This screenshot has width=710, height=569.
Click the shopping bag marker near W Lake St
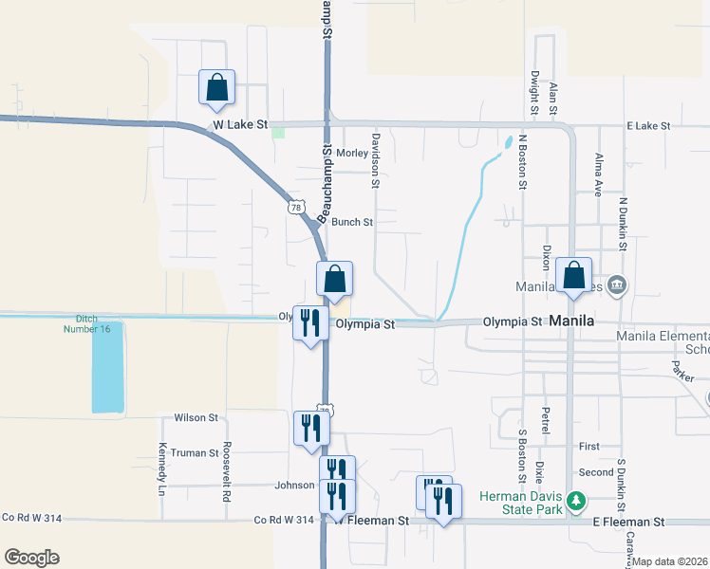[x=217, y=87]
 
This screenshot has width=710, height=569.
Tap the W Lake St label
[x=241, y=124]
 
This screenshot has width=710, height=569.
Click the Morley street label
[x=351, y=153]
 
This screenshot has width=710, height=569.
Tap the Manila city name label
[x=572, y=321]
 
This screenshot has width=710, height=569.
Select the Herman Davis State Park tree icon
[x=572, y=500]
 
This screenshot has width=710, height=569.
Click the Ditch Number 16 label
[x=87, y=323]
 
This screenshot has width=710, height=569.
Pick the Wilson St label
[x=196, y=417]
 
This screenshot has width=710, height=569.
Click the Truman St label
[x=195, y=453]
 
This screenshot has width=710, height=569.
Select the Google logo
[x=31, y=558]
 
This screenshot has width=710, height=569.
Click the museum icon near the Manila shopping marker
[x=616, y=284]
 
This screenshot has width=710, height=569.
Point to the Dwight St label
[x=535, y=92]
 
